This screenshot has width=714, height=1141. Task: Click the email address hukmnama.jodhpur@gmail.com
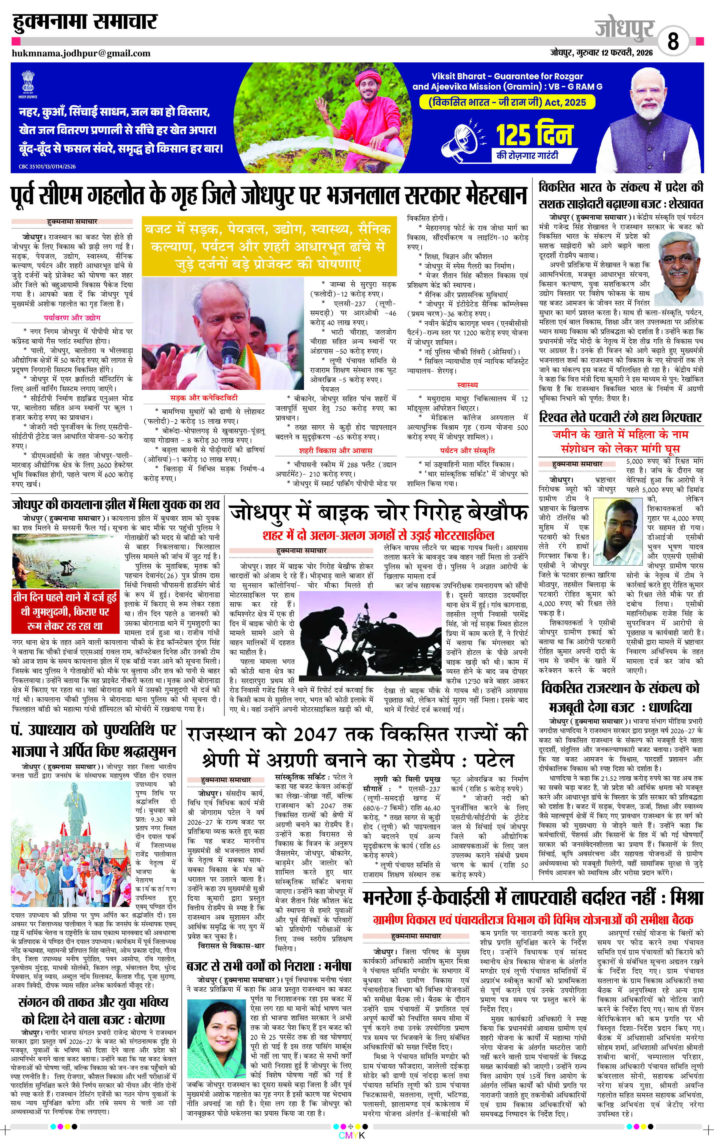click(81, 53)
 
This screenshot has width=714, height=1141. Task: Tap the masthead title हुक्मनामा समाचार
click(85, 22)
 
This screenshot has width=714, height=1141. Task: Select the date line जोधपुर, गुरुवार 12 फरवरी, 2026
click(601, 53)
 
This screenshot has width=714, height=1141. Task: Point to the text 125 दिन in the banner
click(534, 135)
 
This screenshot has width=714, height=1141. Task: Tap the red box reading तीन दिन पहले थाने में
click(65, 611)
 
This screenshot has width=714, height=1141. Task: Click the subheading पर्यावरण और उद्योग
click(72, 318)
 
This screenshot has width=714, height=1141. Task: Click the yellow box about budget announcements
click(269, 247)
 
